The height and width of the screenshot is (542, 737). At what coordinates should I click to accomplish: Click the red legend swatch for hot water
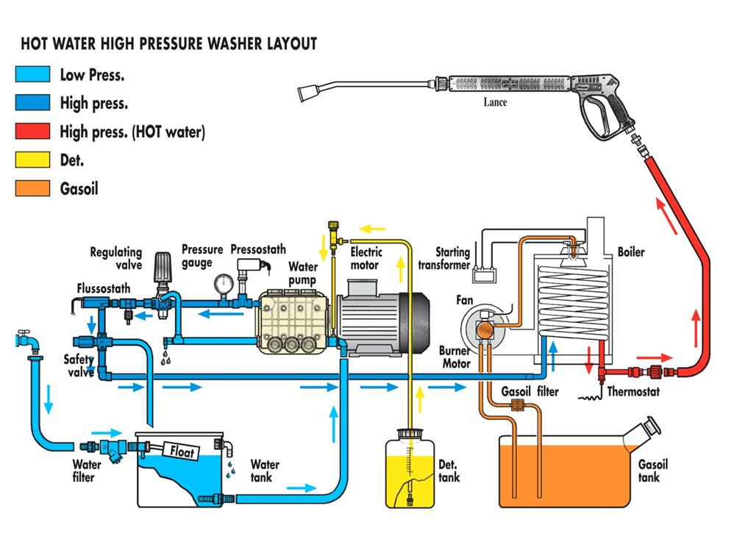[32, 132]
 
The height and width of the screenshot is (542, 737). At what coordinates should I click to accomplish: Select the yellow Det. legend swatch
[32, 160]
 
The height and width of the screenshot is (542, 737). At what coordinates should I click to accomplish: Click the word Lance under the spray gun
[495, 102]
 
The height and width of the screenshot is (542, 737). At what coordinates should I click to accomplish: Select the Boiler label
[631, 252]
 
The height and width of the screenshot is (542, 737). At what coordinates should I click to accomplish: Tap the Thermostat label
[633, 392]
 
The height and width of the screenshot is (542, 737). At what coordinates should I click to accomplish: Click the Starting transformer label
[444, 259]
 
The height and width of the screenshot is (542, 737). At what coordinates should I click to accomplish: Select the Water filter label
[87, 470]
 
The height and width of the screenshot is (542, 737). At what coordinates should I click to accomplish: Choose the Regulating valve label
[115, 259]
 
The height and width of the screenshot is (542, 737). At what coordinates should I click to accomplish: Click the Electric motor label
[365, 259]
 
